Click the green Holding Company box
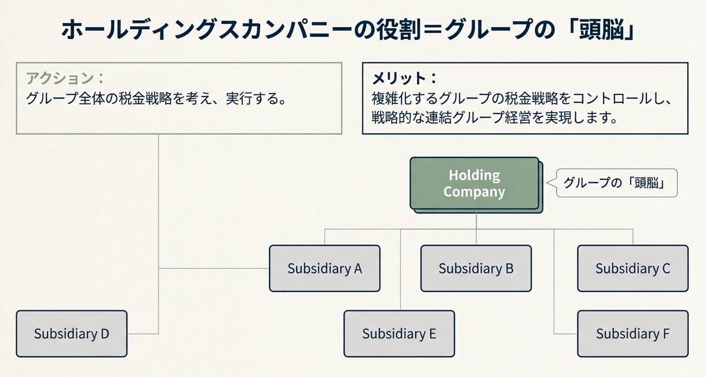click(x=474, y=183)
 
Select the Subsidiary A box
click(x=325, y=269)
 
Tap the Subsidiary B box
click(x=476, y=269)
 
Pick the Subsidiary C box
click(x=632, y=269)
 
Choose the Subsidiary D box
click(x=72, y=334)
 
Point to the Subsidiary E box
click(x=399, y=334)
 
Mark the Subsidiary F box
click(x=632, y=334)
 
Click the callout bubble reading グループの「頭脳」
click(x=617, y=183)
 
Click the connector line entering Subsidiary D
click(x=142, y=334)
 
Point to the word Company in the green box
click(x=474, y=192)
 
